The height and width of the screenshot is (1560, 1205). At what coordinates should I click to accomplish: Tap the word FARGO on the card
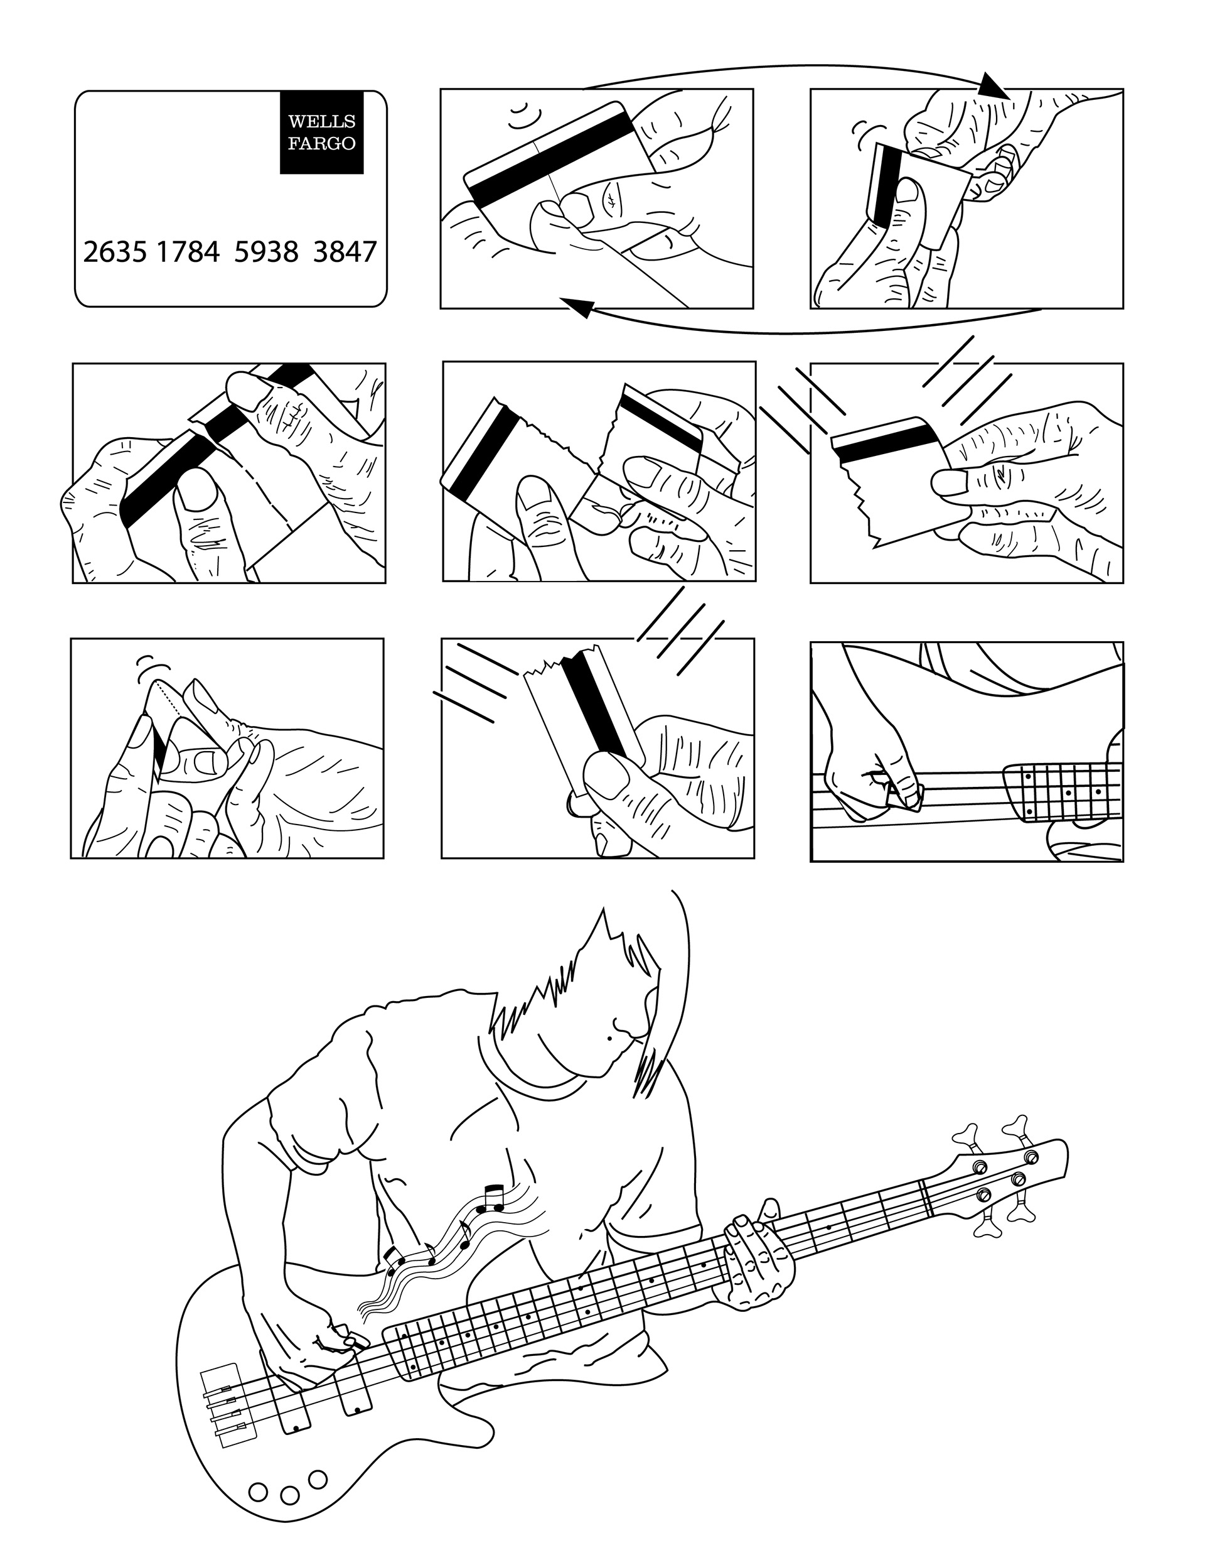tap(321, 144)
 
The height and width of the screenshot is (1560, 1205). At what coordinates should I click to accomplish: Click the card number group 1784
tap(188, 252)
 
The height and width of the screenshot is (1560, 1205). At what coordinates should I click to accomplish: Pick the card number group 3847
tap(344, 252)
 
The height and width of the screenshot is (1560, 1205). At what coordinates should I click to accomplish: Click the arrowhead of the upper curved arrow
tap(992, 87)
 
